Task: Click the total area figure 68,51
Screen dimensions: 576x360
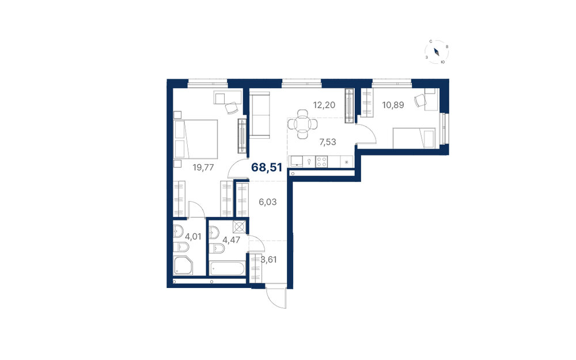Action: [267, 168]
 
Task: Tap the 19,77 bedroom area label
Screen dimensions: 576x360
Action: [203, 168]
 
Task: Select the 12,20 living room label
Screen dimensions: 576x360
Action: [324, 105]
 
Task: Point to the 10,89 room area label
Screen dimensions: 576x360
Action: [393, 105]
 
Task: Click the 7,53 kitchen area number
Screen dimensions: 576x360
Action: [328, 142]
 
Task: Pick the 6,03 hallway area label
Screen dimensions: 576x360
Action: [268, 202]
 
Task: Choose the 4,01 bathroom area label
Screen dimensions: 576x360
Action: [193, 237]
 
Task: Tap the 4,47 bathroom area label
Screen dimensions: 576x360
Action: [232, 240]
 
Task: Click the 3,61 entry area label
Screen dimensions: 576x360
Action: [269, 260]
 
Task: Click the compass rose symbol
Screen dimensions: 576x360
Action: [437, 52]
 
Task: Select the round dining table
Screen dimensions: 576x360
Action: [303, 124]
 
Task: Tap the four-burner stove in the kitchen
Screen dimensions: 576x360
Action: [321, 162]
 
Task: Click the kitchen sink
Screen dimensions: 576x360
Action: [295, 162]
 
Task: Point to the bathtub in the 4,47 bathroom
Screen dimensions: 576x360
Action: [227, 268]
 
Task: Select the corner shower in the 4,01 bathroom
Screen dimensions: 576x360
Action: [183, 266]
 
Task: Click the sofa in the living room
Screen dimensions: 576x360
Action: [260, 115]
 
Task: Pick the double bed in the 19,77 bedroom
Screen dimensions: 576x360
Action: [195, 139]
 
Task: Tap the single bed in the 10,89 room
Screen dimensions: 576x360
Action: [414, 138]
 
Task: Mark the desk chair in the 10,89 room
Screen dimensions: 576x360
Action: [419, 100]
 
